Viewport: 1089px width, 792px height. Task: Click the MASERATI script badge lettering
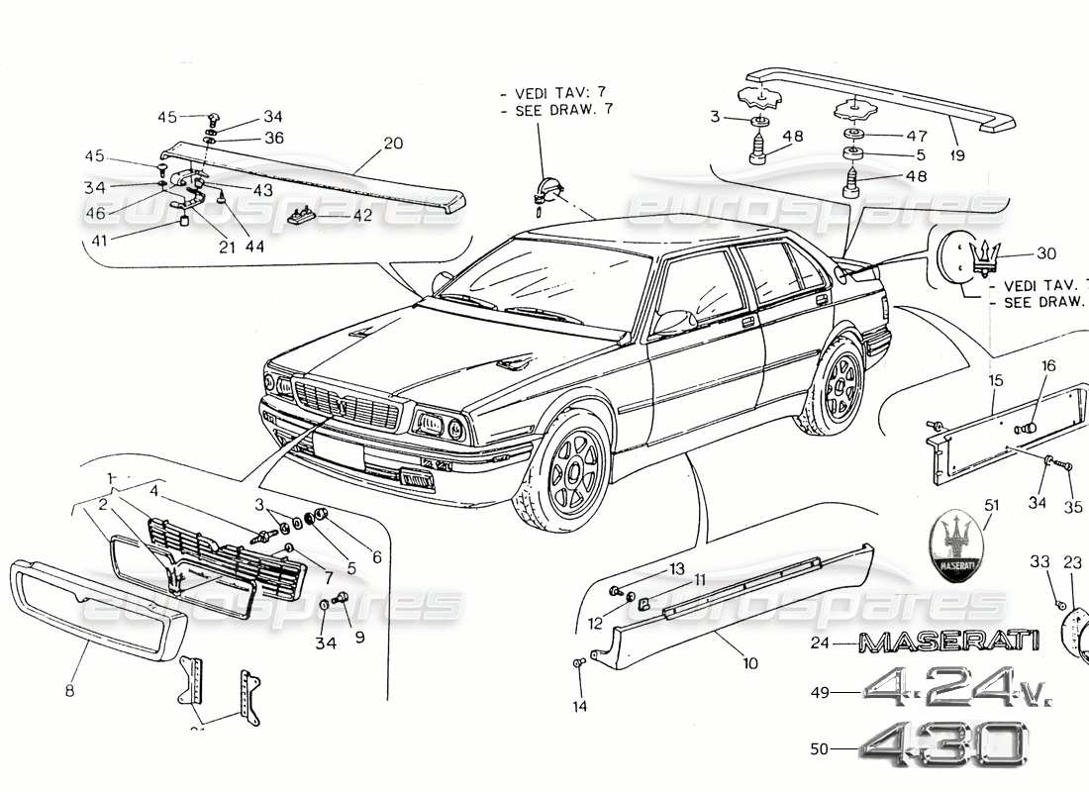click(948, 643)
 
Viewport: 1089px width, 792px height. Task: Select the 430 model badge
click(940, 745)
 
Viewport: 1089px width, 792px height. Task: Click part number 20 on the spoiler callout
click(393, 144)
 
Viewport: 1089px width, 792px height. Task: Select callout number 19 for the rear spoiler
click(956, 155)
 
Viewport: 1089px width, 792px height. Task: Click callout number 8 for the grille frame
click(69, 690)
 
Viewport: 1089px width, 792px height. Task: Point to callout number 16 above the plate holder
click(1047, 366)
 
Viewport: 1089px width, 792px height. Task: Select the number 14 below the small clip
click(579, 706)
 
